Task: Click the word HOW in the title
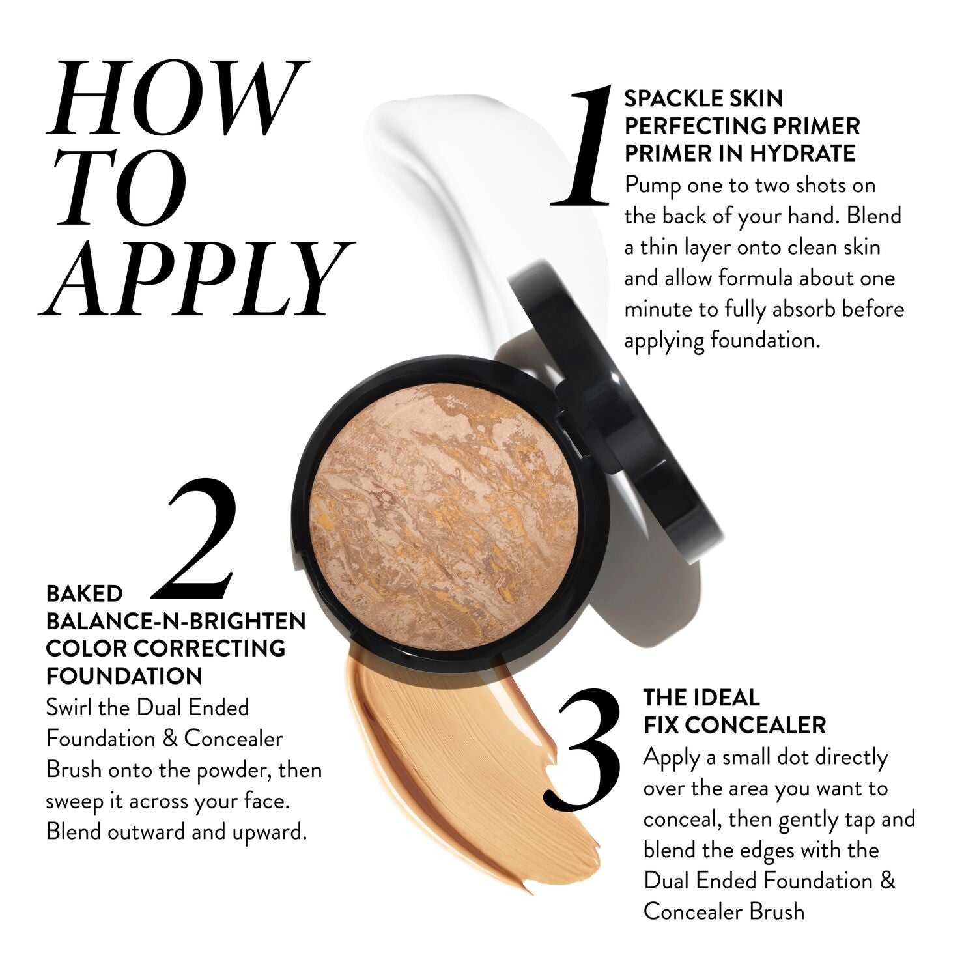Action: point(176,98)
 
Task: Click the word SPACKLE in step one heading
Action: point(670,98)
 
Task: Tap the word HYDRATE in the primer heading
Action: point(802,153)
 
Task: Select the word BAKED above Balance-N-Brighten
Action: point(84,593)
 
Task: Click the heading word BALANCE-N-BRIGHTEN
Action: point(176,621)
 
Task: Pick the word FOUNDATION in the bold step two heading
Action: point(124,676)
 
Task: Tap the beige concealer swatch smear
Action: point(456,769)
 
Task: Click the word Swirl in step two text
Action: point(70,707)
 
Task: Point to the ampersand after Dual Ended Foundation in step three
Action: point(887,881)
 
